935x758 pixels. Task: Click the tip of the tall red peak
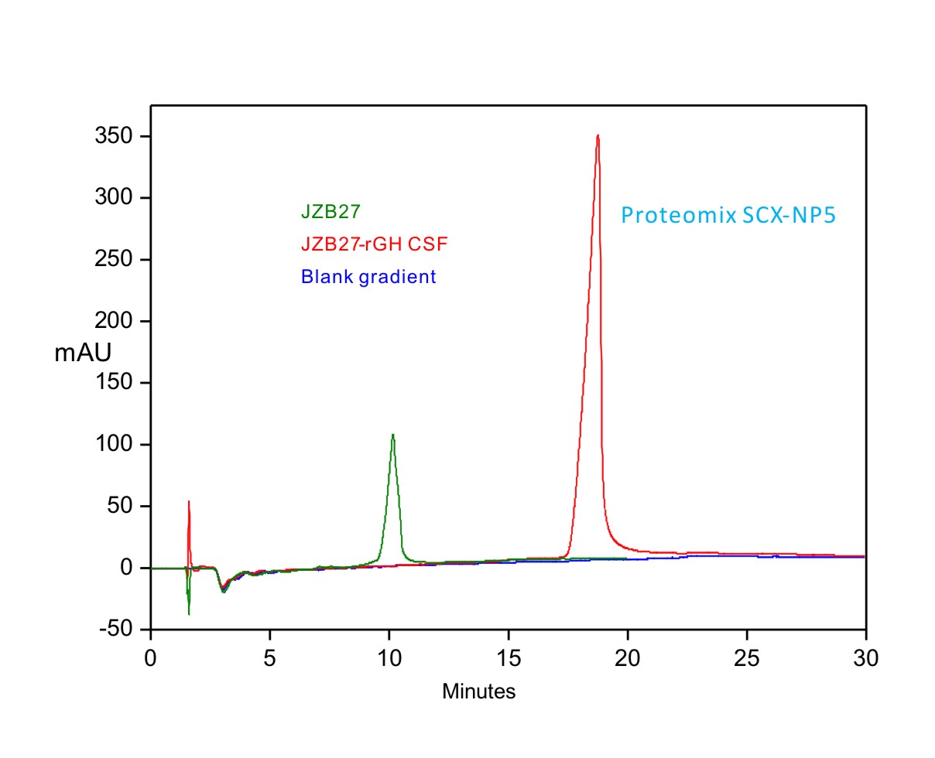pyautogui.click(x=598, y=136)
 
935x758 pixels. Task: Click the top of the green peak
pyautogui.click(x=393, y=435)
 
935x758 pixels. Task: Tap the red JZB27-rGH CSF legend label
pyautogui.click(x=375, y=244)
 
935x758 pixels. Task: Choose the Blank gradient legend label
pyautogui.click(x=368, y=276)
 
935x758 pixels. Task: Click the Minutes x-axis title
pyautogui.click(x=478, y=691)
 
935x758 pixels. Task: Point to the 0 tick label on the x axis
pyautogui.click(x=151, y=658)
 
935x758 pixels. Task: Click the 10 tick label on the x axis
pyautogui.click(x=389, y=658)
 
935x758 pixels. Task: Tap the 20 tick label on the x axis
pyautogui.click(x=628, y=658)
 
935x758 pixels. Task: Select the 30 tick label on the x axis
pyautogui.click(x=865, y=658)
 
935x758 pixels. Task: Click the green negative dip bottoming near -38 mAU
pyautogui.click(x=189, y=613)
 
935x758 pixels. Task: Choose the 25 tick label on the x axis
pyautogui.click(x=746, y=658)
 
